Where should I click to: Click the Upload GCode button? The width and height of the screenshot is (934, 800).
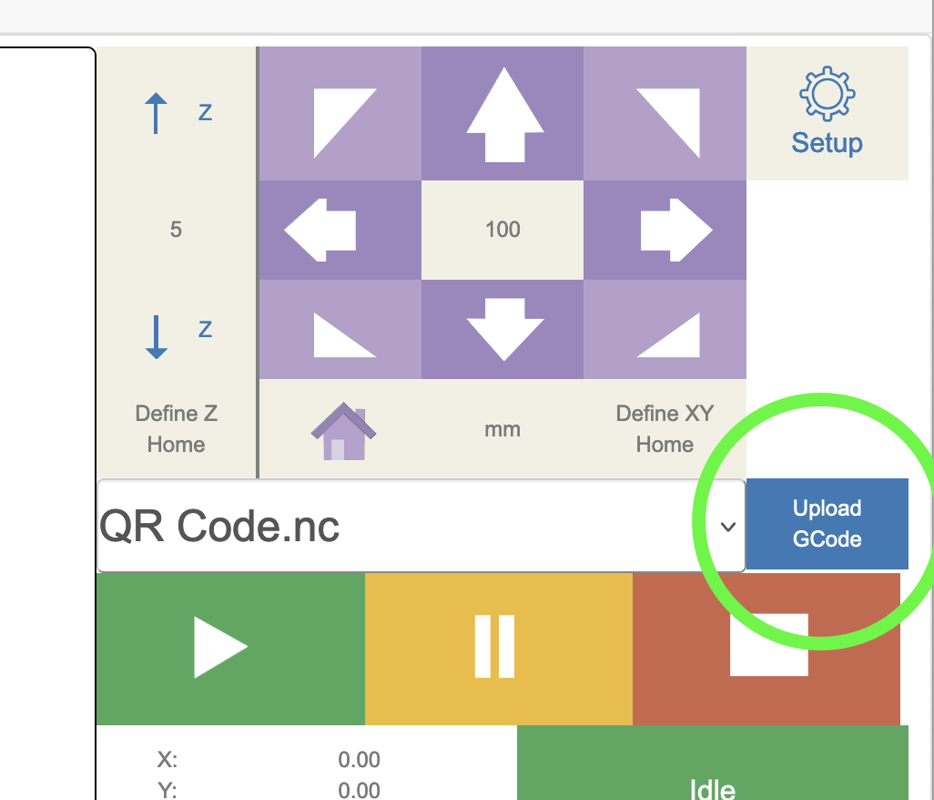827,524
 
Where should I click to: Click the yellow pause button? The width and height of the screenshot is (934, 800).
495,647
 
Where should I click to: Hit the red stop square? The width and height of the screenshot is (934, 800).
768,645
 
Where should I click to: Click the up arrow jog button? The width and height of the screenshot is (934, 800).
503,114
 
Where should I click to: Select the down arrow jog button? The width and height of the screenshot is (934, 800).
503,328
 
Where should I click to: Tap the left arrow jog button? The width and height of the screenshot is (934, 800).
320,230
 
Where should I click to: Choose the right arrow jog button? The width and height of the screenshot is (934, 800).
676,230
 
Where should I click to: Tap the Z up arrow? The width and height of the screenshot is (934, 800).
157,115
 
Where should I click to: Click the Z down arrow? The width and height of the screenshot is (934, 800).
157,336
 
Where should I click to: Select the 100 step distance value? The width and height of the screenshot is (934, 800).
503,229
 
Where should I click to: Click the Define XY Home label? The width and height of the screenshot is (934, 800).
665,429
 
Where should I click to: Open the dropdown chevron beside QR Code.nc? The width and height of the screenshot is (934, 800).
727,527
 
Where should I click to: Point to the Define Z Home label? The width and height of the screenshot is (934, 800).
176,429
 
